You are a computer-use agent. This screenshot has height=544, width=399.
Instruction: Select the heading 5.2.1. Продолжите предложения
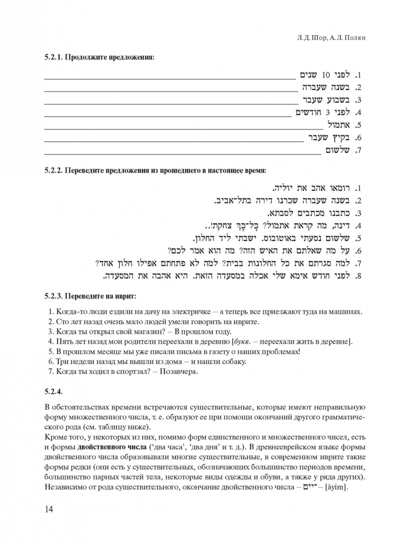coord(99,57)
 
